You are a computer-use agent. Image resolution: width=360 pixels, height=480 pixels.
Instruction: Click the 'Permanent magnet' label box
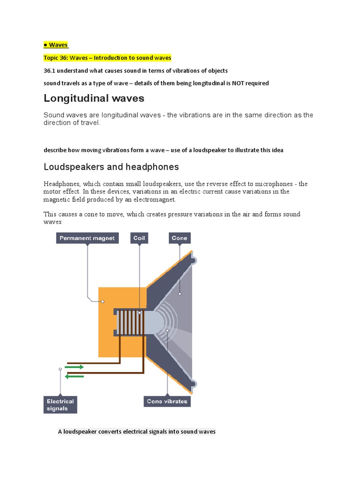click(87, 238)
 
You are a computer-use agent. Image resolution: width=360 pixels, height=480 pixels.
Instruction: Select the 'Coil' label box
click(139, 238)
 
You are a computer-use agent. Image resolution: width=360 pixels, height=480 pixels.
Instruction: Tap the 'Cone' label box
click(179, 238)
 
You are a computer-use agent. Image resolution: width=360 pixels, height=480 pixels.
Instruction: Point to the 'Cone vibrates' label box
click(166, 401)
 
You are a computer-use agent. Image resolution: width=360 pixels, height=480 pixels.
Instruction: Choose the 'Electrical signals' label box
click(60, 405)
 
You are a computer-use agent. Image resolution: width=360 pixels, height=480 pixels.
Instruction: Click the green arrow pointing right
click(75, 367)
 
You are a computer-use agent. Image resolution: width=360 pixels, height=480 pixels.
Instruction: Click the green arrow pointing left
click(75, 376)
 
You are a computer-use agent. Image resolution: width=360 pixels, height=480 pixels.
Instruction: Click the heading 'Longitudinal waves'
click(94, 98)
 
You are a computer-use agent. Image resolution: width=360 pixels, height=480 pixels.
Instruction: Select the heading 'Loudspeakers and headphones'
click(111, 167)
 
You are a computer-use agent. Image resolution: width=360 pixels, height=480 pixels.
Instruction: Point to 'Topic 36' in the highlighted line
click(55, 58)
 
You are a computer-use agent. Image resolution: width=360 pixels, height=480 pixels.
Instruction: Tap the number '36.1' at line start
click(50, 70)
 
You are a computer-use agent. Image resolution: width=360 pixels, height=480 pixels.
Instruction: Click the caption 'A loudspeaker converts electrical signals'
click(136, 431)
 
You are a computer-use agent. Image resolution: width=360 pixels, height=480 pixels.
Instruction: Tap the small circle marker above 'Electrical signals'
click(60, 369)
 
